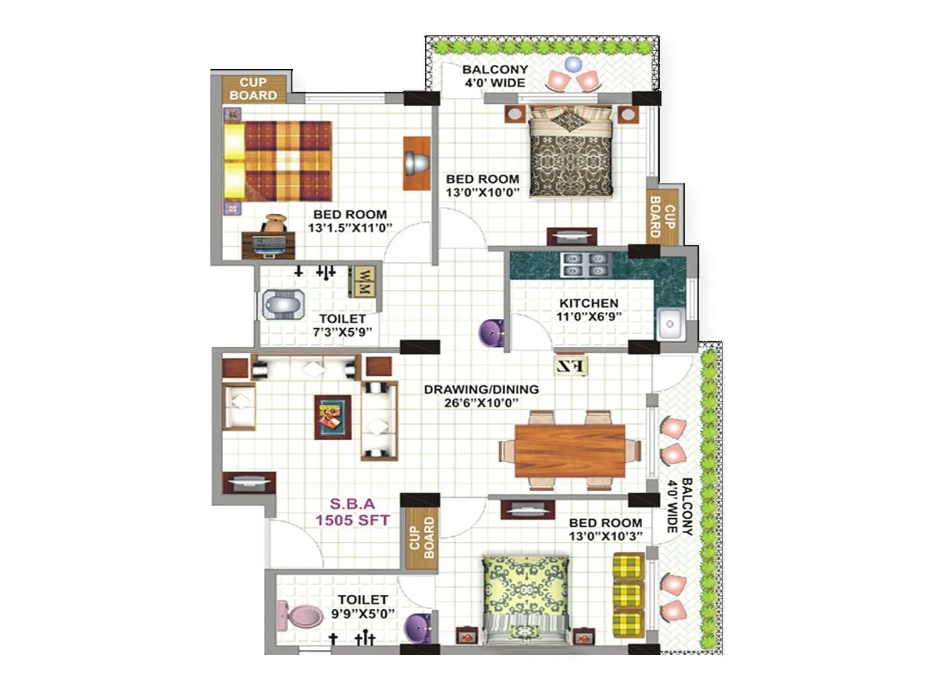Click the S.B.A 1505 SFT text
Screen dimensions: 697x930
pyautogui.click(x=352, y=512)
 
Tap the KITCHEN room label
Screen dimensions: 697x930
pyautogui.click(x=588, y=303)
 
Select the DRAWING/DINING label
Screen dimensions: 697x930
pyautogui.click(x=481, y=390)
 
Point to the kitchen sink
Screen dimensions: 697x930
pyautogui.click(x=670, y=324)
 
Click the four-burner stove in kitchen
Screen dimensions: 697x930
pyautogui.click(x=584, y=265)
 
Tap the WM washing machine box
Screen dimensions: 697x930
pyautogui.click(x=364, y=282)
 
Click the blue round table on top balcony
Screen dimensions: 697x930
pyautogui.click(x=573, y=64)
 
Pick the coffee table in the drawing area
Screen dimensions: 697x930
pyautogui.click(x=333, y=417)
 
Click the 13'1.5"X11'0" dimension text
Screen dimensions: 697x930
pyautogui.click(x=350, y=228)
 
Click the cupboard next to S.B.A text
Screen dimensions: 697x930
pyautogui.click(x=421, y=538)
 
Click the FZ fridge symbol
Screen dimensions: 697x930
pyautogui.click(x=571, y=366)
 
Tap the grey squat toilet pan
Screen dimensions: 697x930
pyautogui.click(x=281, y=304)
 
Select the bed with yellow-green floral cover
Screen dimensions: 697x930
pyautogui.click(x=525, y=598)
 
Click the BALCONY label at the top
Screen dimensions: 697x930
pyautogui.click(x=495, y=70)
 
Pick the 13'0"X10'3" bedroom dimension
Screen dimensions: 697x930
pyautogui.click(x=606, y=536)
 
